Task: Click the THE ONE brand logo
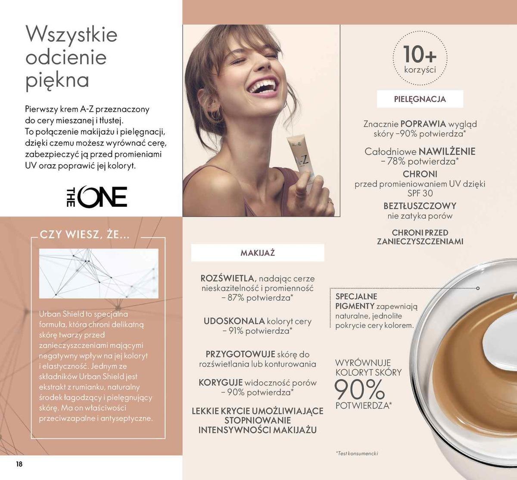(x=97, y=197)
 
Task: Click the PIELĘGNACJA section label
(x=420, y=99)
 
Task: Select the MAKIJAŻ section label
(x=257, y=253)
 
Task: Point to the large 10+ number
(x=420, y=54)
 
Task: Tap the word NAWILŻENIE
(x=447, y=151)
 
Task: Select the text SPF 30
(x=420, y=193)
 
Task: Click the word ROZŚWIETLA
(x=228, y=278)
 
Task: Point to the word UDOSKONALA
(x=234, y=321)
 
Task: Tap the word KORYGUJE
(x=221, y=383)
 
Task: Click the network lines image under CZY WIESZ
(x=99, y=273)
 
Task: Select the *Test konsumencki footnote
(x=357, y=453)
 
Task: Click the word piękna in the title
(x=57, y=80)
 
